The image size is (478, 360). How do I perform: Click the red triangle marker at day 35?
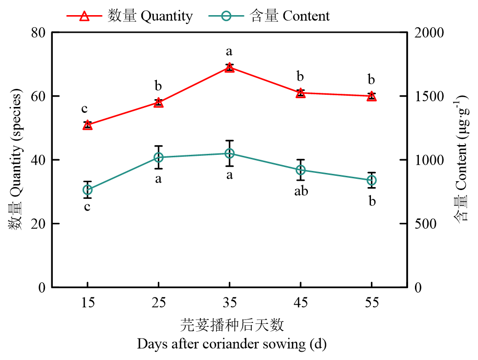(229, 67)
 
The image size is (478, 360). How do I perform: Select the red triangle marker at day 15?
(87, 125)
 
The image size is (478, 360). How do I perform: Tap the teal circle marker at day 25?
(158, 157)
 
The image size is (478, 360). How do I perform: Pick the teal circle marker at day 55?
(371, 180)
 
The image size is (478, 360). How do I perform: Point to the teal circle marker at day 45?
(301, 170)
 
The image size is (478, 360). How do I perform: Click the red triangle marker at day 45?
(301, 93)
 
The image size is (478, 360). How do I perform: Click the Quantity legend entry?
(130, 16)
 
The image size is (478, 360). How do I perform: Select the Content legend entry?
(269, 16)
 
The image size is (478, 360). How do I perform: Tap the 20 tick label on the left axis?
(38, 224)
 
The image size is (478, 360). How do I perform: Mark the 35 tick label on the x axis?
(229, 303)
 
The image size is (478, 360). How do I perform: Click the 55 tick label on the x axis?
(371, 303)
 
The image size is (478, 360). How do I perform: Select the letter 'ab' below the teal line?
(301, 191)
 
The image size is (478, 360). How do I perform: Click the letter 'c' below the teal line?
(87, 207)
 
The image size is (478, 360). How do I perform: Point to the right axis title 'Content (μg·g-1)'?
(462, 160)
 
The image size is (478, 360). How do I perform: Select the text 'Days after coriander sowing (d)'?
(232, 344)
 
